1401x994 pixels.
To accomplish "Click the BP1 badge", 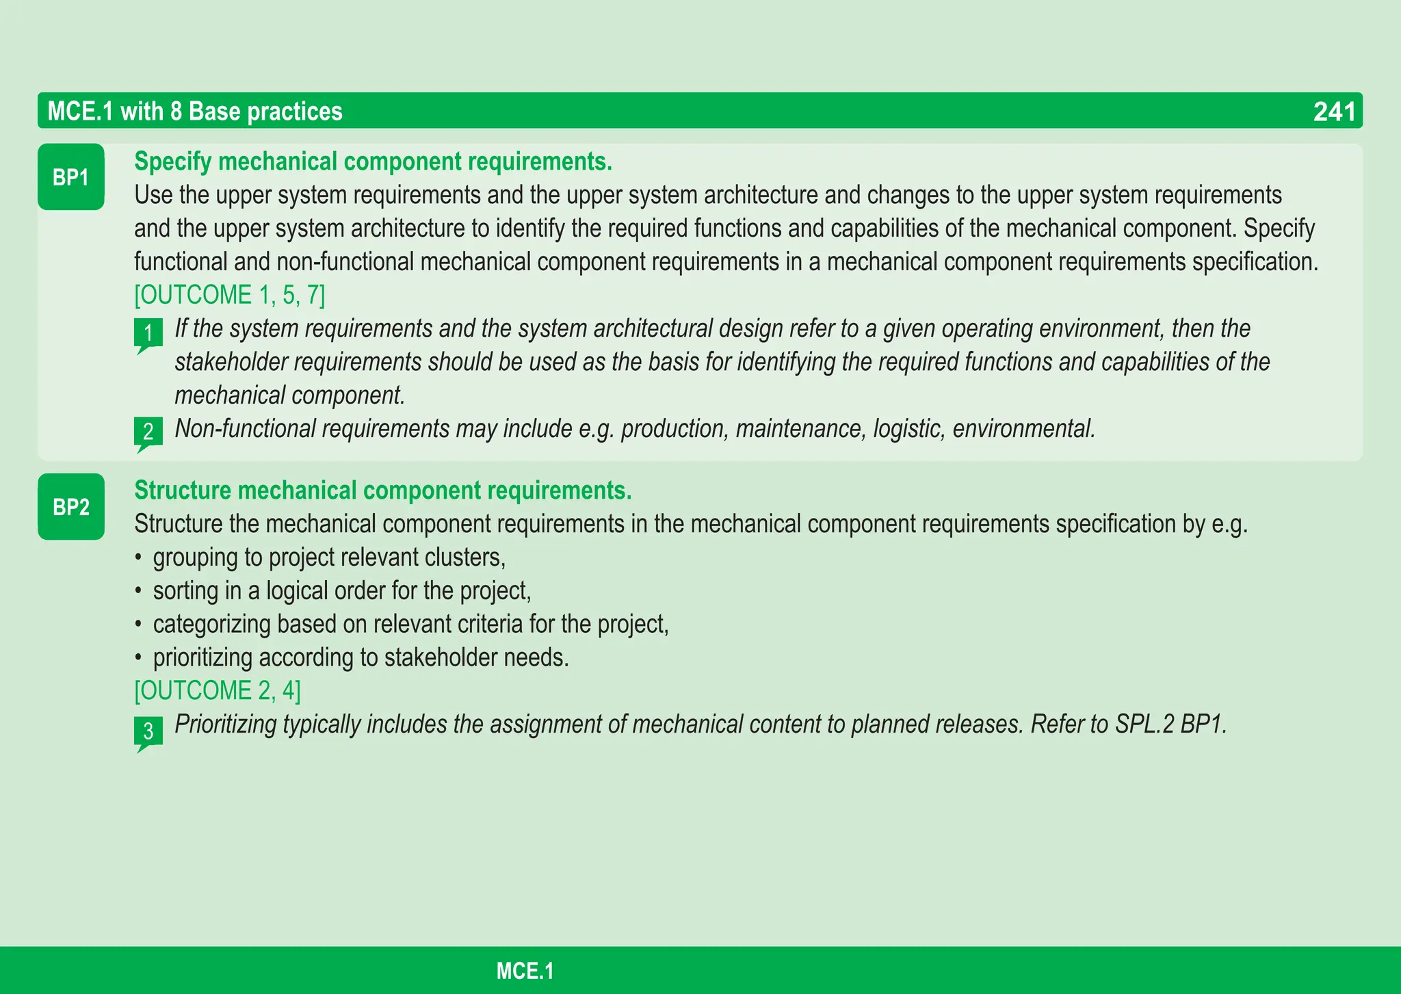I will (71, 177).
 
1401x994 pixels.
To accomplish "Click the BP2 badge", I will (71, 507).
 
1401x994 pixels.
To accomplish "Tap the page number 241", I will (1333, 112).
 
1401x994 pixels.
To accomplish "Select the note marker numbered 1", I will (148, 333).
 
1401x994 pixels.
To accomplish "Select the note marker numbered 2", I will (148, 432).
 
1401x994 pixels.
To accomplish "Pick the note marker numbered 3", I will (148, 732).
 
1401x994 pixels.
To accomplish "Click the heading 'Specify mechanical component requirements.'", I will (373, 161).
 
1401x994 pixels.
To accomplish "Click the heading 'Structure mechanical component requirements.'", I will (382, 491).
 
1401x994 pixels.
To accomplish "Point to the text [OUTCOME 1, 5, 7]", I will (230, 295).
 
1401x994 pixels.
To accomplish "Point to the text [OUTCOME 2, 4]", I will (218, 690).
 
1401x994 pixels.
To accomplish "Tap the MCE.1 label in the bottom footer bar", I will (525, 971).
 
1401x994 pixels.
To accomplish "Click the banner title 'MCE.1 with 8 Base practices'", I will (195, 112).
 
